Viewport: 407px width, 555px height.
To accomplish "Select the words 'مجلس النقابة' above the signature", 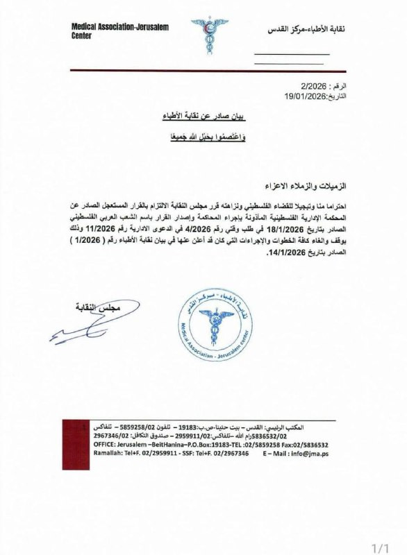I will click(x=91, y=307).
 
